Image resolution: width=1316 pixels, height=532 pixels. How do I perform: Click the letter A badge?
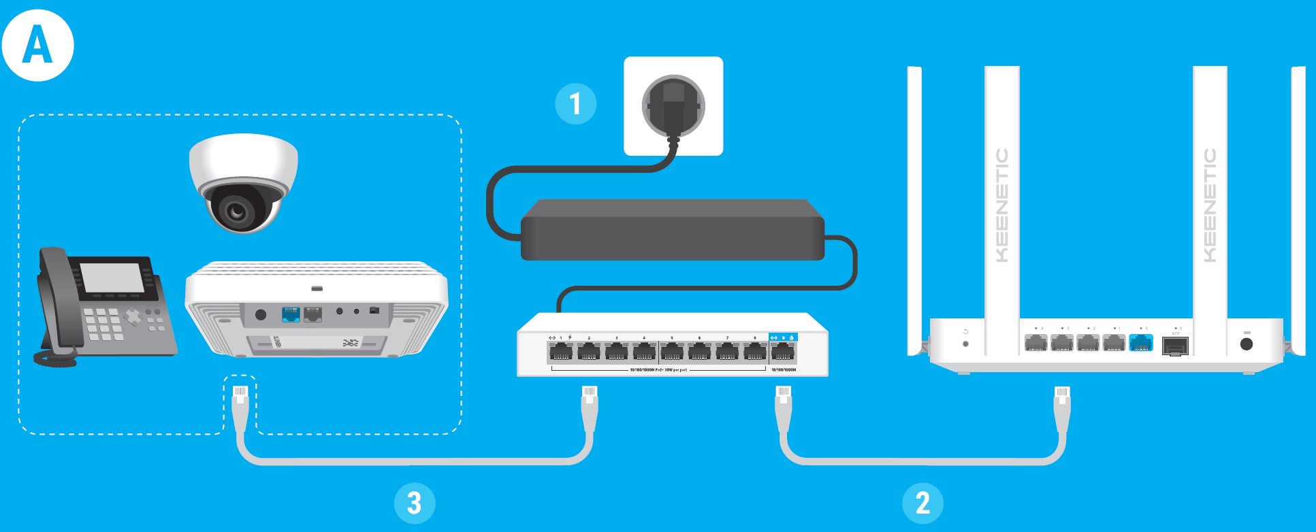pos(37,46)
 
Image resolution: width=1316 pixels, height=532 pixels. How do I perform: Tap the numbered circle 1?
pos(575,104)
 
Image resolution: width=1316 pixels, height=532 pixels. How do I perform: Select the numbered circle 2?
pos(922,503)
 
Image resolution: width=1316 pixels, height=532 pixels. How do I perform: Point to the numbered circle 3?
pos(414,503)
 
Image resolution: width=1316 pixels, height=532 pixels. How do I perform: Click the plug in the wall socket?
pos(673,106)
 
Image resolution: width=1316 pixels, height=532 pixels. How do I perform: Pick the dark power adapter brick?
pos(672,230)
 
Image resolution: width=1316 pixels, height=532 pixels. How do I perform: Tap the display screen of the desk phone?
pos(113,278)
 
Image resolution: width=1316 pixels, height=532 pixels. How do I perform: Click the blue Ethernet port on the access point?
pos(291,314)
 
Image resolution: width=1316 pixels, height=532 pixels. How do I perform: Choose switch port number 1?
pos(561,352)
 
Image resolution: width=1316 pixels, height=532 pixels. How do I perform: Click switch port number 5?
pos(672,352)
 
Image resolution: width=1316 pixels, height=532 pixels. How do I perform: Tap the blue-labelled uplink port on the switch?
pos(783,352)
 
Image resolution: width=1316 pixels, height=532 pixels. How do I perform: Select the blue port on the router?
pos(1141,342)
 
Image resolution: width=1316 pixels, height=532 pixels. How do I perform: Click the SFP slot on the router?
pos(1175,346)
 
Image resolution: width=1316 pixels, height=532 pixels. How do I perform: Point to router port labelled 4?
pos(1036,342)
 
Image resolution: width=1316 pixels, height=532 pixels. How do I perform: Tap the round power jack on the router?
pos(1247,344)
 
